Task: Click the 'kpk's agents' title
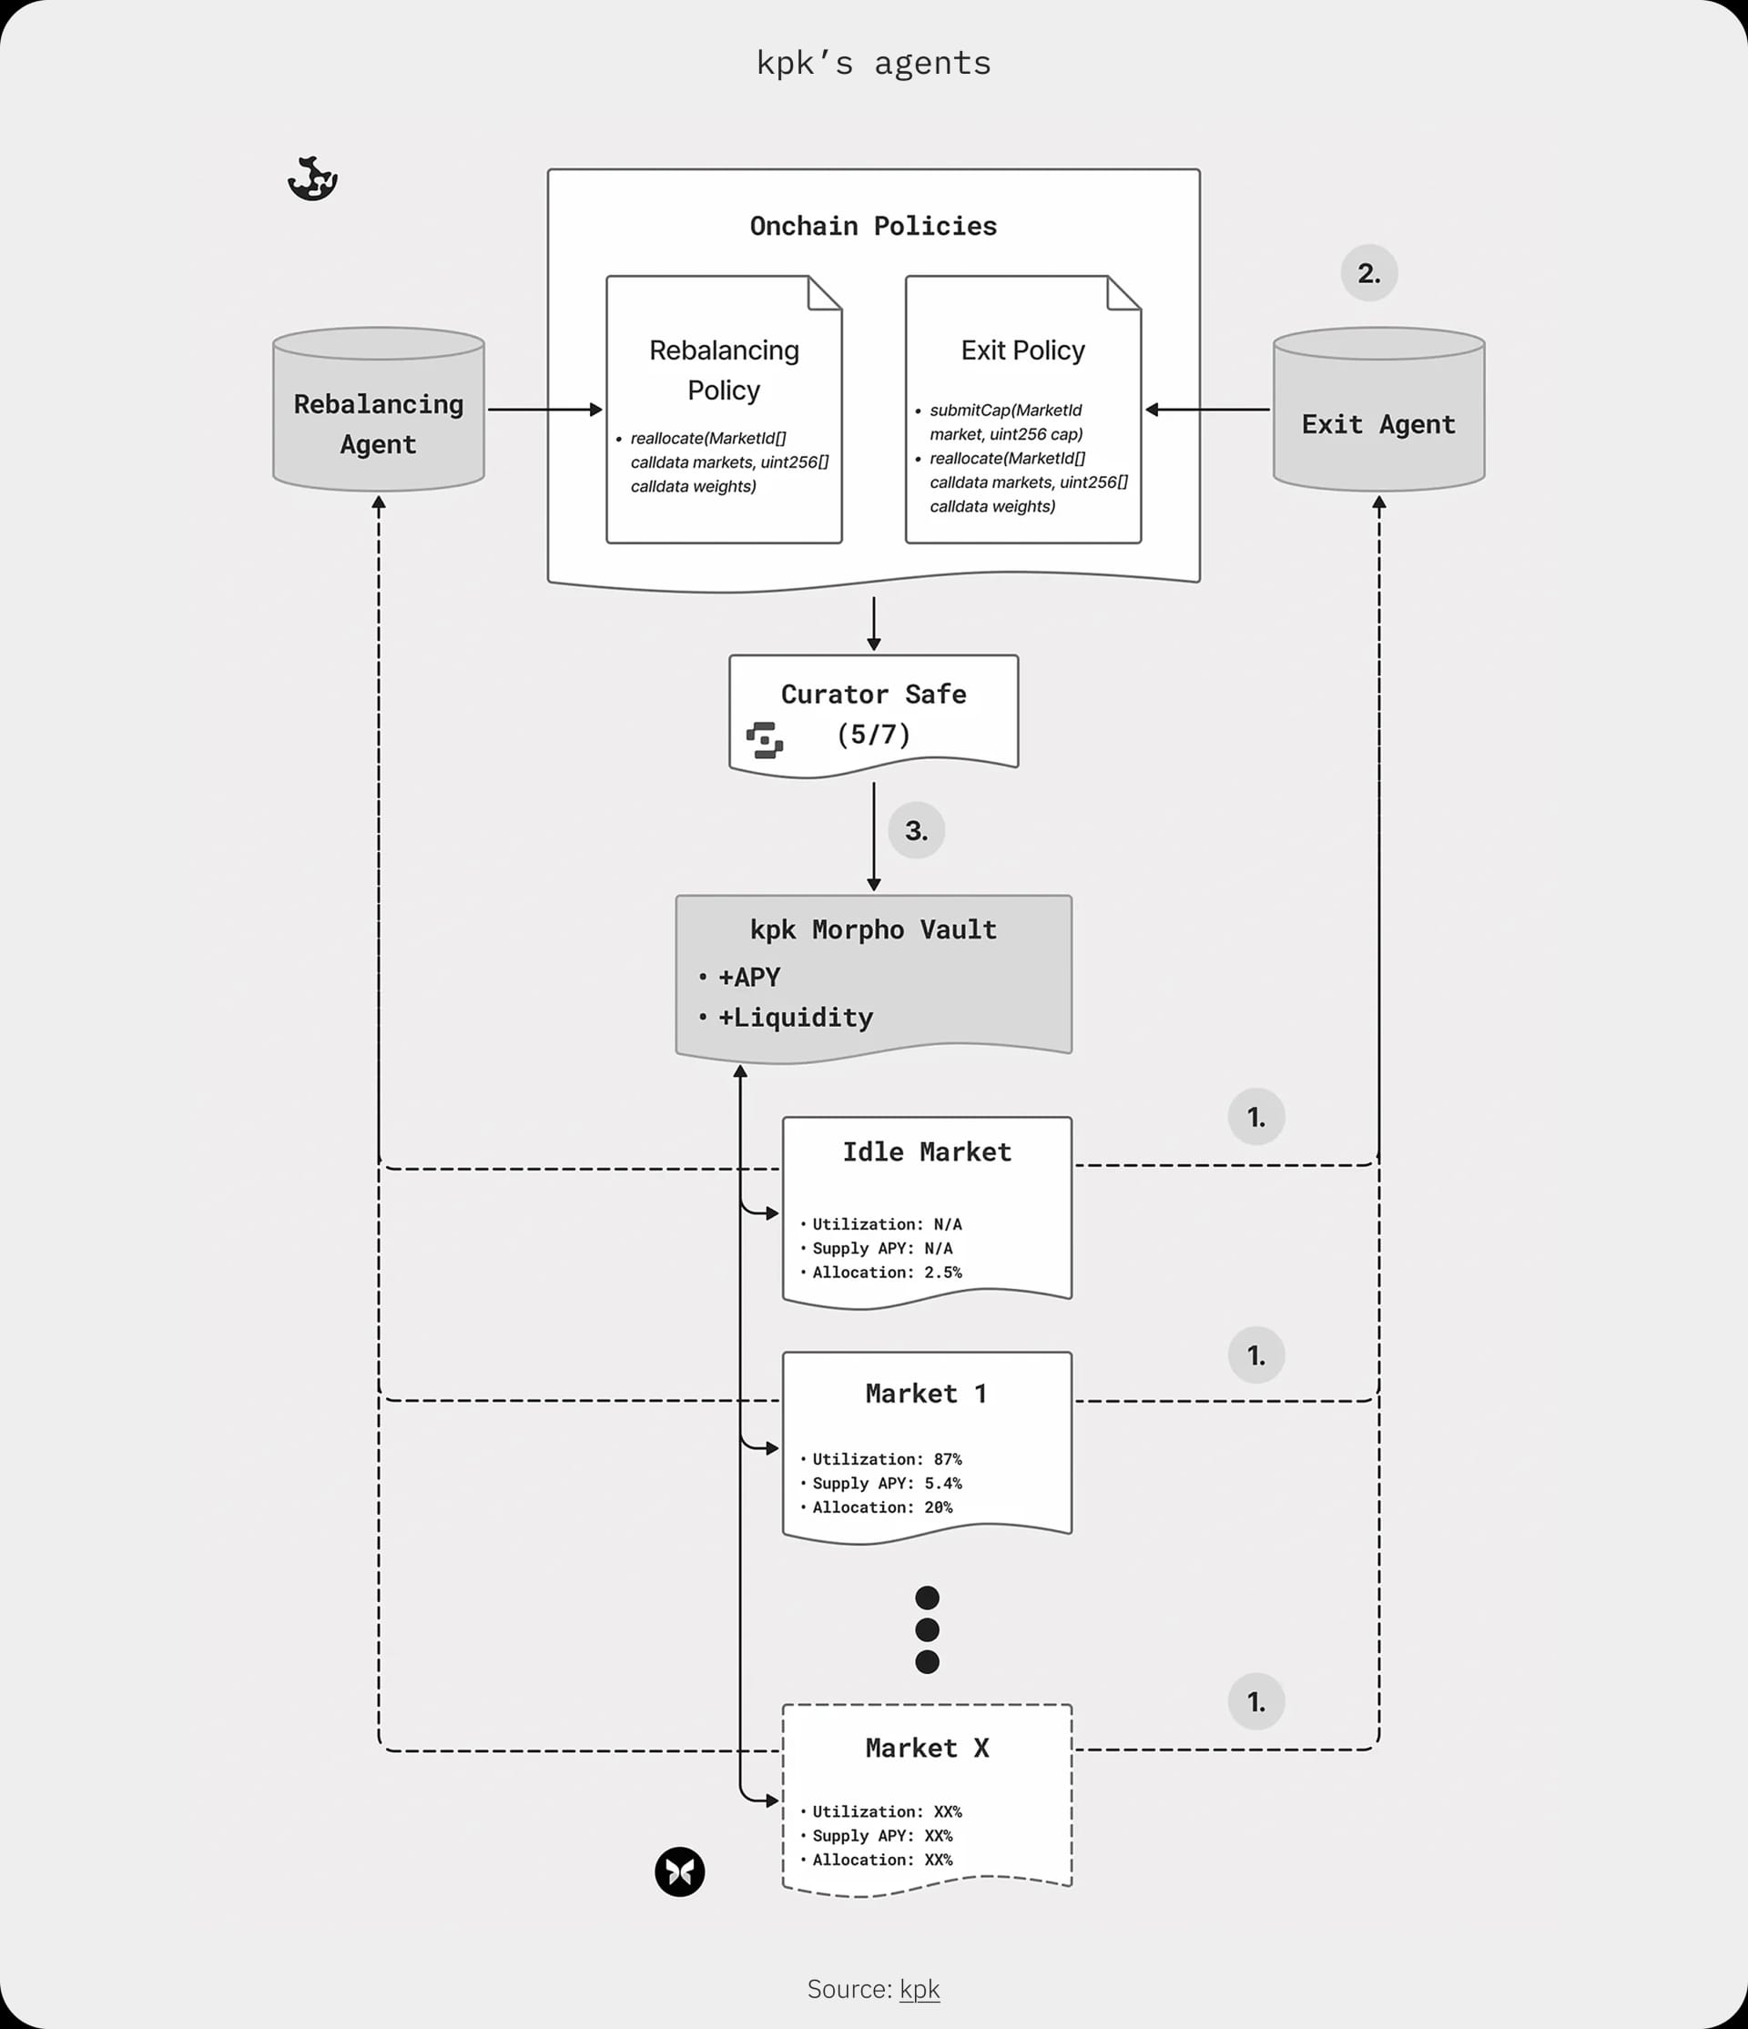tap(873, 63)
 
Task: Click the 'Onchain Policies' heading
tap(873, 227)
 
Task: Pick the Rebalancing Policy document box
tap(724, 410)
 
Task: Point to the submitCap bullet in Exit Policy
tap(1005, 422)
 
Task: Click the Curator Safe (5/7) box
tap(873, 714)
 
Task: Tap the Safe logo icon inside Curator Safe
tap(765, 740)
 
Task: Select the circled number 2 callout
tap(1369, 273)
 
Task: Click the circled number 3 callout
tap(916, 830)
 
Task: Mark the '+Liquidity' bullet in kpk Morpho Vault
tap(795, 1018)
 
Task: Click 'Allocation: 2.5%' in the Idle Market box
tap(886, 1272)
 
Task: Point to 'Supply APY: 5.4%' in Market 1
tap(886, 1483)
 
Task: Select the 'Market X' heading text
tap(927, 1748)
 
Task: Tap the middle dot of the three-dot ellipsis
tap(927, 1629)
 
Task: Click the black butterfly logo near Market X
tap(679, 1872)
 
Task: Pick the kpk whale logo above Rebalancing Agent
tap(313, 179)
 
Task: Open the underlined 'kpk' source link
tap(920, 1989)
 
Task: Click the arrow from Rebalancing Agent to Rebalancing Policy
tap(544, 410)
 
